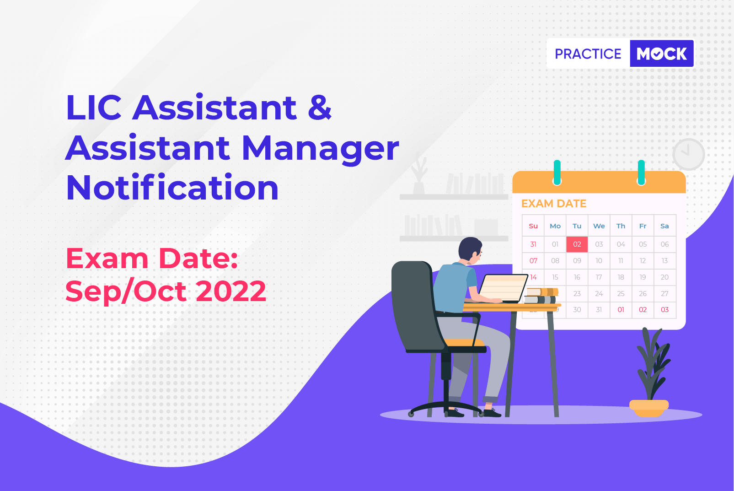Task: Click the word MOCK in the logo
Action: [661, 54]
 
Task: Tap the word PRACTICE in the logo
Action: [588, 54]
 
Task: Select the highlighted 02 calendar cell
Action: [577, 244]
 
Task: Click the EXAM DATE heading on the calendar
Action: [553, 204]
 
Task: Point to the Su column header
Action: [533, 226]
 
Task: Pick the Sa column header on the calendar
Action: [664, 226]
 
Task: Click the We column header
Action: [599, 226]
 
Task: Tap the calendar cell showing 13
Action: [664, 260]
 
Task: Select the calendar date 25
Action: [621, 293]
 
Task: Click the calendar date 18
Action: [621, 277]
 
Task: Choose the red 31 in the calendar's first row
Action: [533, 244]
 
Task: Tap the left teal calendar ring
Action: [557, 173]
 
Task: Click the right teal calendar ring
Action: [641, 173]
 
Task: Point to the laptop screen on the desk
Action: [503, 288]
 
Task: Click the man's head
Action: [470, 250]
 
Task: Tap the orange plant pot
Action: [648, 408]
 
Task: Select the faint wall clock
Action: [688, 154]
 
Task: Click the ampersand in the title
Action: [320, 107]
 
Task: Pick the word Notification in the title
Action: [172, 187]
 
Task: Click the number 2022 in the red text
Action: [230, 291]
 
